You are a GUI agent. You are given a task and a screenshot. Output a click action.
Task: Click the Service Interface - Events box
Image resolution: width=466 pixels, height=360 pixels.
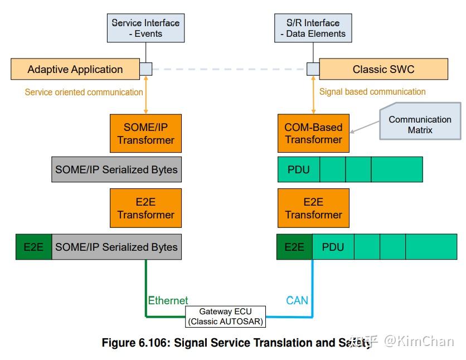point(145,28)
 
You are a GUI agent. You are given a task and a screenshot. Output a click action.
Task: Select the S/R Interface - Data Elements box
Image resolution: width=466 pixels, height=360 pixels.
point(313,28)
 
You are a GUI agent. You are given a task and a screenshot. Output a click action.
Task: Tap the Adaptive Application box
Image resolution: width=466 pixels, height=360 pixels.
point(75,70)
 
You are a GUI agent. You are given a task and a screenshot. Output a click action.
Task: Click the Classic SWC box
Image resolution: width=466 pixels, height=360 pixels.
point(384,70)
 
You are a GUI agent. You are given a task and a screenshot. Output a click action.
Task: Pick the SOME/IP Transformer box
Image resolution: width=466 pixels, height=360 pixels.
point(145,134)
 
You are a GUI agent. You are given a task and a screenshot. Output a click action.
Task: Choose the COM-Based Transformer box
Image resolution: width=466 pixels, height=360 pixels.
point(313,134)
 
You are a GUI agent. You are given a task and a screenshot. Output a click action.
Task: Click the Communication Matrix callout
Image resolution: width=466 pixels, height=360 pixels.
point(420,124)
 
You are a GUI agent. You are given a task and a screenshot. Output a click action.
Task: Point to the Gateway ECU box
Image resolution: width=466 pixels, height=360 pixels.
point(226,317)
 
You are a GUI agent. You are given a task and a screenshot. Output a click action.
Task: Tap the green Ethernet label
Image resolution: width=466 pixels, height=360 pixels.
point(168,300)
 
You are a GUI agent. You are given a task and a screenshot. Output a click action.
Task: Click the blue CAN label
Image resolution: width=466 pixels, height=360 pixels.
point(297,300)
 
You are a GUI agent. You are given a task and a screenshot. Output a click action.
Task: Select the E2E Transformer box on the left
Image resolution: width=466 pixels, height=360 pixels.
point(145,208)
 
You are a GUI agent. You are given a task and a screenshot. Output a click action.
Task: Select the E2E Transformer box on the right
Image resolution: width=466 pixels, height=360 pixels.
point(313,208)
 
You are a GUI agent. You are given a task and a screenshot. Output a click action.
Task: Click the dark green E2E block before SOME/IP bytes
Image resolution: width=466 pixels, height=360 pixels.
point(33,247)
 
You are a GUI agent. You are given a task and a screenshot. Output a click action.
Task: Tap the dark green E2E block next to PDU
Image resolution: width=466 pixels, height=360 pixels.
point(294,247)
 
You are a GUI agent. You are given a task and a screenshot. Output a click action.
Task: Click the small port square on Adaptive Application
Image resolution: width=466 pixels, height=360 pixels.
point(145,69)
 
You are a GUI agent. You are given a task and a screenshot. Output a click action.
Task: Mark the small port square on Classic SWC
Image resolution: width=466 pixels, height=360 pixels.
point(313,69)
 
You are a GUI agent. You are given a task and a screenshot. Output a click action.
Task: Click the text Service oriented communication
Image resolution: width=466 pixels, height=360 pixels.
point(84,92)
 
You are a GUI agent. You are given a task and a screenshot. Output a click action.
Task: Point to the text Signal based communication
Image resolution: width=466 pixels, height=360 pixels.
point(372,91)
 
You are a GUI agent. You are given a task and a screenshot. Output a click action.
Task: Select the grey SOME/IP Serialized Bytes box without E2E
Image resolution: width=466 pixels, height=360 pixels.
point(116,169)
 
